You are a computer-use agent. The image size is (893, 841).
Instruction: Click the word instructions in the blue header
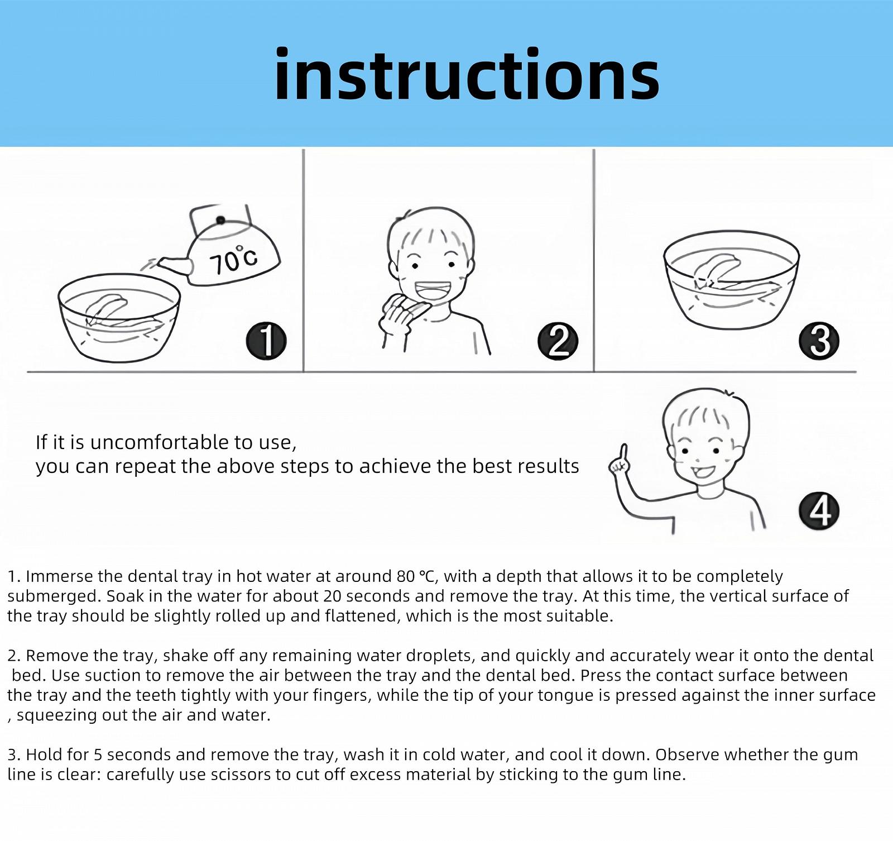click(467, 74)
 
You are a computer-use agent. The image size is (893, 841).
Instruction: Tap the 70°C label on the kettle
click(233, 260)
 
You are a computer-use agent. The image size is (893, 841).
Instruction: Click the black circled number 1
click(266, 341)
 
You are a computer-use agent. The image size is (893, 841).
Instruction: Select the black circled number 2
click(558, 341)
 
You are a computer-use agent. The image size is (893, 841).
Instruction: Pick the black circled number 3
click(819, 341)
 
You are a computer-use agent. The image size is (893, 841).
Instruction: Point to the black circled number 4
click(819, 511)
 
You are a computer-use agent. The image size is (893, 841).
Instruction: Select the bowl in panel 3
click(731, 279)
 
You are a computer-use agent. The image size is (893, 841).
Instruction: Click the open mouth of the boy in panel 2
click(433, 291)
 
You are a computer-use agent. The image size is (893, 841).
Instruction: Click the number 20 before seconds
click(332, 596)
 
